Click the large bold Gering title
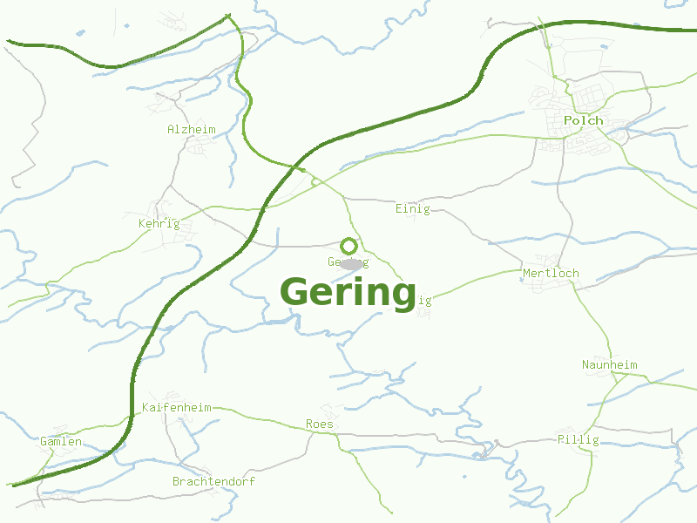point(348,292)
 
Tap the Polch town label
point(583,120)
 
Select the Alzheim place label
point(191,129)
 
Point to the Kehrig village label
point(159,223)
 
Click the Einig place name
point(412,208)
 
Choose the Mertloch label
point(551,273)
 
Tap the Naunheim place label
point(610,364)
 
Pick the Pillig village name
point(578,439)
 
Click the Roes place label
point(319,424)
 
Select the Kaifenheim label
point(176,407)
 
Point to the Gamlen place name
point(61,441)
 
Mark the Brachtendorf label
point(213,481)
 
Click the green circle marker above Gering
point(348,246)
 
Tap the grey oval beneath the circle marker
point(351,264)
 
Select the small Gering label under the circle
point(348,262)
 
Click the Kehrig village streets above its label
point(159,209)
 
